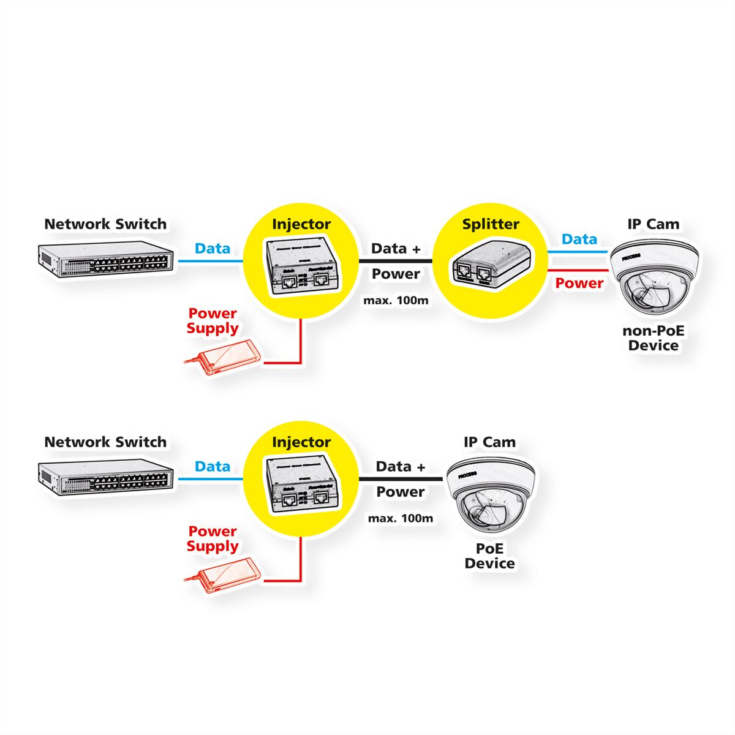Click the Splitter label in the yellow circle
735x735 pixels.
pos(490,224)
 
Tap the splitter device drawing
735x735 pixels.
pos(490,265)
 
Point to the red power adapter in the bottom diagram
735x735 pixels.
pos(225,575)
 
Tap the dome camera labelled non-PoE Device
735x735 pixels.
pos(653,279)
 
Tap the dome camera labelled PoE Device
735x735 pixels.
pos(490,496)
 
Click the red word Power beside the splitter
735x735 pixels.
pos(579,283)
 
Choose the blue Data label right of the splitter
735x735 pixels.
pos(579,239)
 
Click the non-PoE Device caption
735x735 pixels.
pos(654,338)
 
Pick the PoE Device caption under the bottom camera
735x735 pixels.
pos(489,556)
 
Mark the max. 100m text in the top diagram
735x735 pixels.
pos(396,301)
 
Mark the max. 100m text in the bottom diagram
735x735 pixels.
pos(401,518)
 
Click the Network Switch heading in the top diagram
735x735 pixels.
pos(105,224)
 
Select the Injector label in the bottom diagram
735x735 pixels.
pos(301,442)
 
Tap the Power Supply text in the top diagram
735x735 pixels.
pos(213,321)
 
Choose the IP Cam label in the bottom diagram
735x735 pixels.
pos(489,442)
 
